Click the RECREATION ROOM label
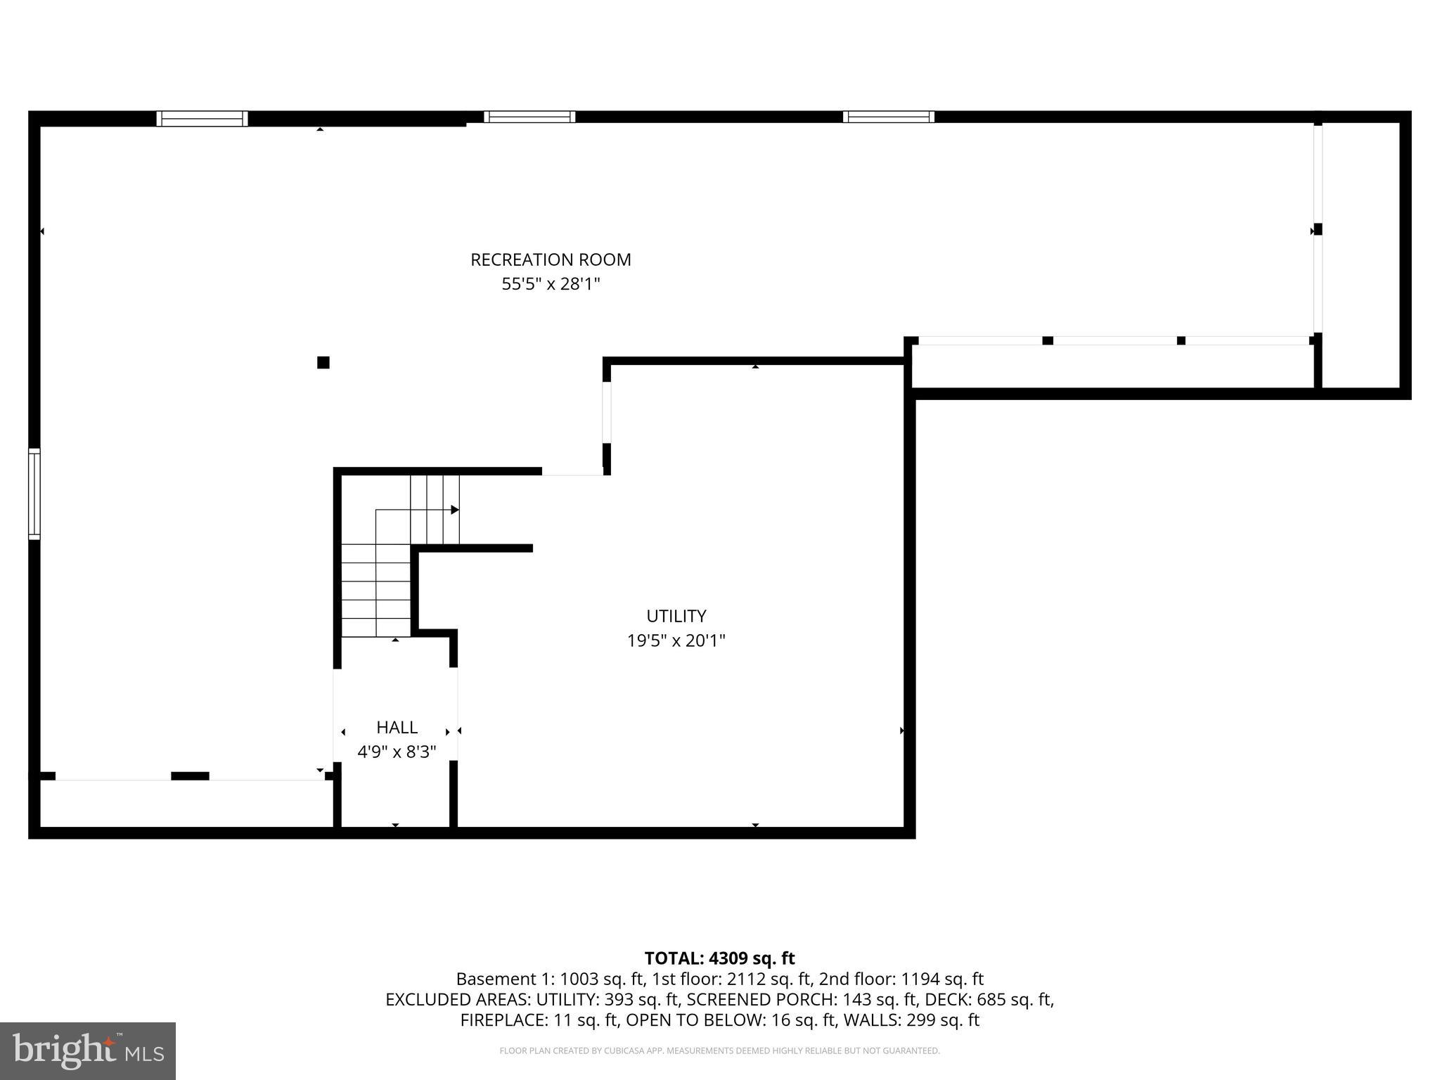[551, 259]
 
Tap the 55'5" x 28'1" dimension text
[551, 284]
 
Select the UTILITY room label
[676, 616]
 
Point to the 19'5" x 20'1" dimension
[676, 641]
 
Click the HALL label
[397, 727]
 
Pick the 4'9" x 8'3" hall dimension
[397, 752]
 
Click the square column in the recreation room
[323, 363]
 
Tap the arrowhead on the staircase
[455, 510]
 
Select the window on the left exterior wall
[34, 494]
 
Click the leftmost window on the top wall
[202, 118]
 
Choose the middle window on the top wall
[529, 117]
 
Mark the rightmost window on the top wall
[889, 117]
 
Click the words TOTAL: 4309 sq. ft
[719, 958]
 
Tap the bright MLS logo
[88, 1050]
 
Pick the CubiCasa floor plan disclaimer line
[719, 1051]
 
